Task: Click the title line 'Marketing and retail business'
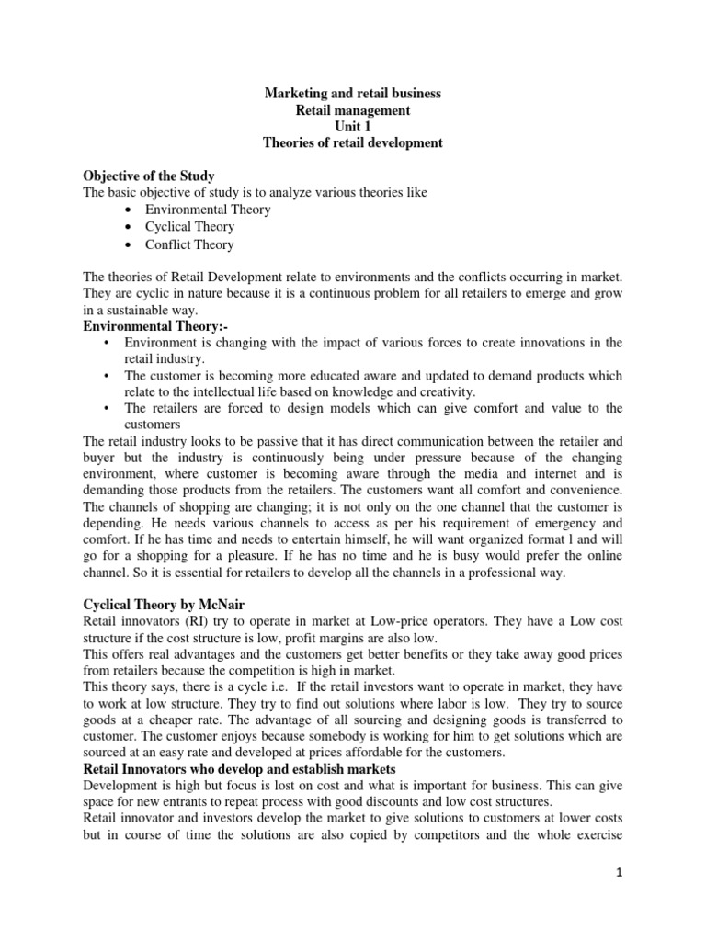(x=353, y=94)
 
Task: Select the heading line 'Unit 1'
(x=353, y=127)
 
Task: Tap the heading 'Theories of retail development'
(x=353, y=143)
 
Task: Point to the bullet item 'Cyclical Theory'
(x=189, y=227)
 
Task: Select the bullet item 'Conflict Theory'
(x=189, y=244)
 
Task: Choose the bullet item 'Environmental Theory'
(x=207, y=210)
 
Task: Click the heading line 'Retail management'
(x=353, y=110)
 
